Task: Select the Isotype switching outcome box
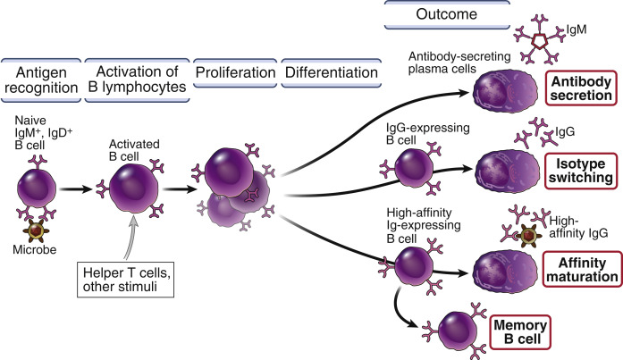(x=578, y=169)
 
